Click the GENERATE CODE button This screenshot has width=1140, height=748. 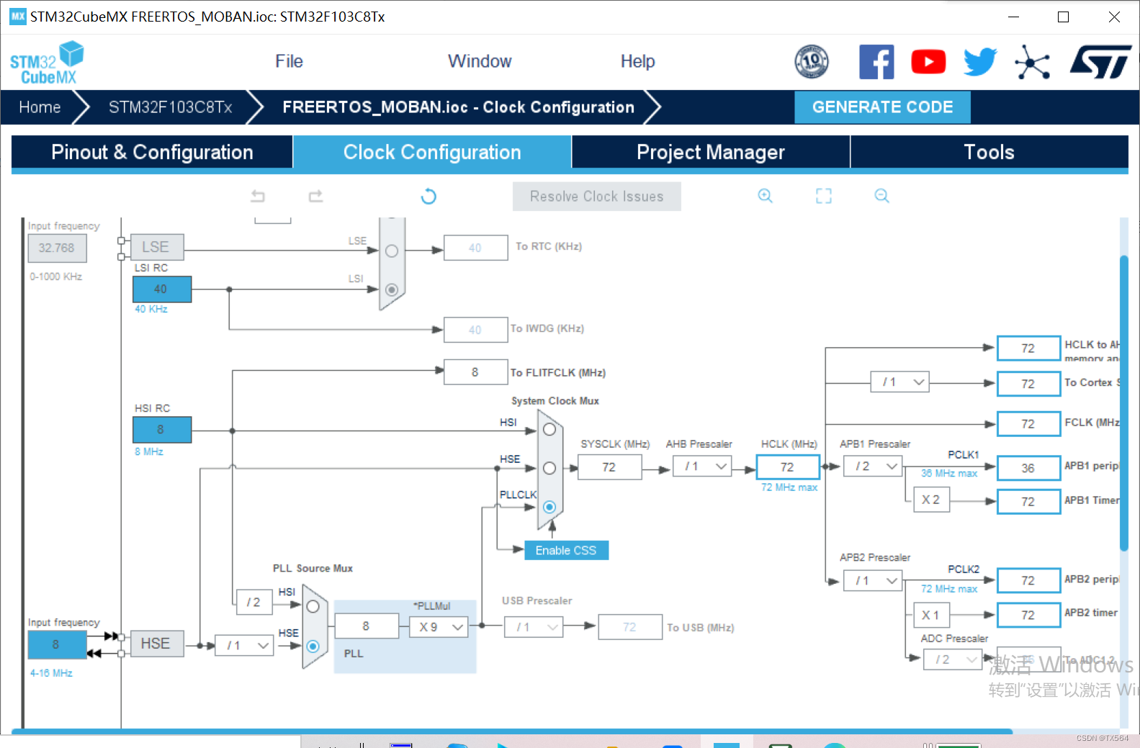click(882, 107)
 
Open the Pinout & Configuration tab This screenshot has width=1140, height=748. click(152, 152)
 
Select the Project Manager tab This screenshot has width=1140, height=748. click(710, 152)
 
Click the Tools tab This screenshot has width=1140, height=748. click(989, 152)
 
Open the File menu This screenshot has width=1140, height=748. click(289, 61)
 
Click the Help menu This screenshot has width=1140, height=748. click(637, 61)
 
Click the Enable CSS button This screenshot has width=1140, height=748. click(566, 550)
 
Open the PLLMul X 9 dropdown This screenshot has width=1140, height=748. click(439, 627)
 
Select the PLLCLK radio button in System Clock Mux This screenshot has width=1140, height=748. click(549, 507)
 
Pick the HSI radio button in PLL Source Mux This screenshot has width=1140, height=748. click(313, 607)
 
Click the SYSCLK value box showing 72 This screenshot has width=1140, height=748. click(609, 467)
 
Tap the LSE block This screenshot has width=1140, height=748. click(156, 247)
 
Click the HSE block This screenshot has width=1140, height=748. click(156, 644)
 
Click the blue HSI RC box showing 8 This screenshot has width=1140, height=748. click(161, 430)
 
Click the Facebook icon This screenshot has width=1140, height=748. click(876, 62)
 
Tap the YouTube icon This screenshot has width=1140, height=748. click(928, 62)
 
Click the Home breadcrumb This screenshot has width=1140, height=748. click(40, 107)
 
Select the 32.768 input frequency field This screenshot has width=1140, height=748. click(57, 248)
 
